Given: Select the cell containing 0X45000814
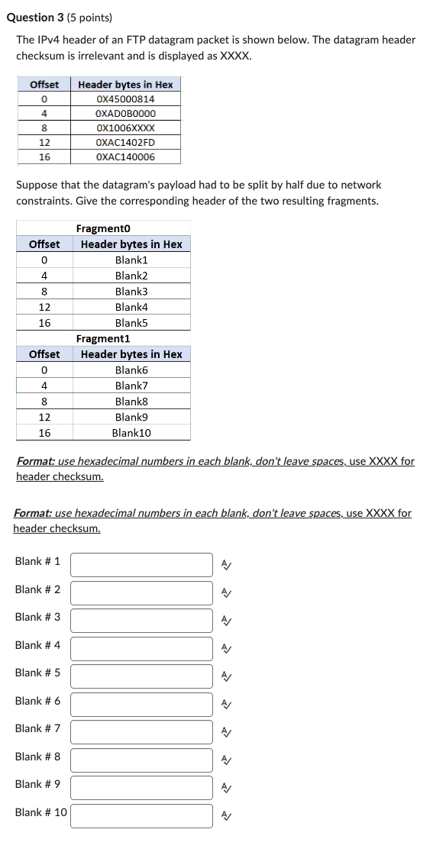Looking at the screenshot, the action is pyautogui.click(x=125, y=99).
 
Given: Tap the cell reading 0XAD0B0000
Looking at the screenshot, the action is pyautogui.click(x=125, y=114).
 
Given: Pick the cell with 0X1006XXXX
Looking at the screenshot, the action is pyautogui.click(x=125, y=128).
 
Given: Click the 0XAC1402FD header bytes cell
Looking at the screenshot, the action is pyautogui.click(x=125, y=143).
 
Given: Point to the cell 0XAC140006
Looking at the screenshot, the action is pyautogui.click(x=125, y=157).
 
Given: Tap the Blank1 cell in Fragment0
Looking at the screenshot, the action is pyautogui.click(x=131, y=260).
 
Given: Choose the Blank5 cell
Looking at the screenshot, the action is pyautogui.click(x=131, y=323).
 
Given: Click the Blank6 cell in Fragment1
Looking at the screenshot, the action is pyautogui.click(x=131, y=370).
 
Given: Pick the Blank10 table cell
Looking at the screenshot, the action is pyautogui.click(x=131, y=433).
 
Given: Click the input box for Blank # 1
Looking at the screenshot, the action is pyautogui.click(x=141, y=565).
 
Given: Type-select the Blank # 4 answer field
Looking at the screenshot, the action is pyautogui.click(x=141, y=649).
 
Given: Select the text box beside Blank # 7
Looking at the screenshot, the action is pyautogui.click(x=141, y=732).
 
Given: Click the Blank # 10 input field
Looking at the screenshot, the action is pyautogui.click(x=141, y=816).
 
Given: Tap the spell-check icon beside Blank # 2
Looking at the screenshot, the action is pyautogui.click(x=226, y=592).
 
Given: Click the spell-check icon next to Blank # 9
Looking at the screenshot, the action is pyautogui.click(x=226, y=788).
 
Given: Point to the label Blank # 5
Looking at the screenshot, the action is pyautogui.click(x=37, y=673).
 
